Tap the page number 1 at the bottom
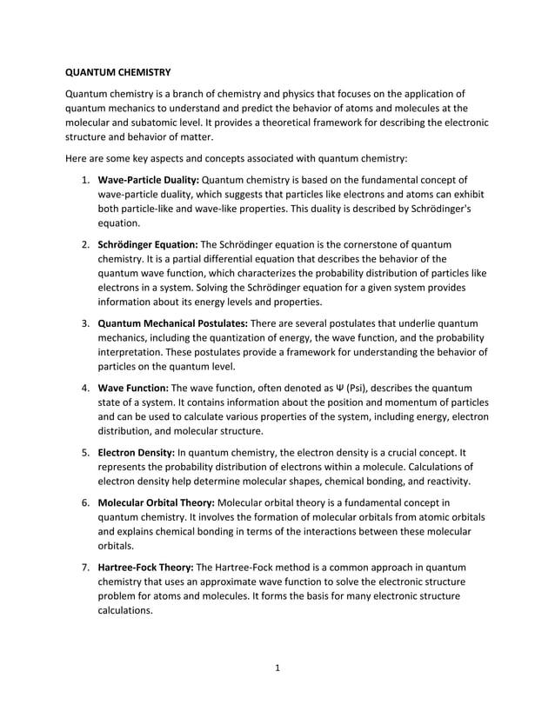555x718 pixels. click(277, 668)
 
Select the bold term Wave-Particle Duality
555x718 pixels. click(148, 180)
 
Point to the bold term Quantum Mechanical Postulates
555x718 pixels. click(172, 323)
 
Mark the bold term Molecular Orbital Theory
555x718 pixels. click(155, 502)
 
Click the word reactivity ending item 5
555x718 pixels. click(445, 481)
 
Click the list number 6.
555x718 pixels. click(86, 502)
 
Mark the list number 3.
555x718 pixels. click(86, 323)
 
